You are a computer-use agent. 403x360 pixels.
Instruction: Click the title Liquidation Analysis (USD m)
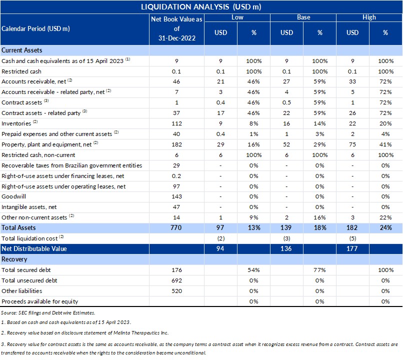[201, 6]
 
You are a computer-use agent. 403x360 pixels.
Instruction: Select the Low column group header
[237, 17]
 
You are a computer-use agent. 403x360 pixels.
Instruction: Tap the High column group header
[369, 17]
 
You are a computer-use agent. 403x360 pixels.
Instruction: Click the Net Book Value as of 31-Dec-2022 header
[176, 28]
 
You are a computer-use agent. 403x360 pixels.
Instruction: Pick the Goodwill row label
[13, 196]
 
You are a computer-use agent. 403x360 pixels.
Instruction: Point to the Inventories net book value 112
[176, 123]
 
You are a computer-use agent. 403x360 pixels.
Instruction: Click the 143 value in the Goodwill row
[176, 196]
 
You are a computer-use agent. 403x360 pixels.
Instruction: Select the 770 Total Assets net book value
[176, 227]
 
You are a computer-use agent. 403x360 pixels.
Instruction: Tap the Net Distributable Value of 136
[286, 248]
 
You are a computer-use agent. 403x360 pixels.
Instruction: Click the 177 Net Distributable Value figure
[352, 248]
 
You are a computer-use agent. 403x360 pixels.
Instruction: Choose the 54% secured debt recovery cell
[253, 270]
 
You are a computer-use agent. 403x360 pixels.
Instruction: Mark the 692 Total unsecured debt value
[176, 280]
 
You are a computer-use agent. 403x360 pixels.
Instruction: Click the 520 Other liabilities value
[176, 291]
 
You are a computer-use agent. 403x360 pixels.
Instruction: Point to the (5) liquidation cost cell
[352, 238]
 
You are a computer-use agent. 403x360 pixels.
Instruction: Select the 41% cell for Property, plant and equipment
[385, 144]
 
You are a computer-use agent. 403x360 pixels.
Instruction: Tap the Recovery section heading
[14, 259]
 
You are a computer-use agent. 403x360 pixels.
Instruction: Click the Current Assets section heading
[22, 50]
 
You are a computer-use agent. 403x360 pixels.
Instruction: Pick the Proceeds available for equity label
[40, 301]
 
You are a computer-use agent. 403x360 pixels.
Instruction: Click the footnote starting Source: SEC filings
[48, 313]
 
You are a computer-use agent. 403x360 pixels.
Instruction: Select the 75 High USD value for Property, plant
[352, 144]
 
